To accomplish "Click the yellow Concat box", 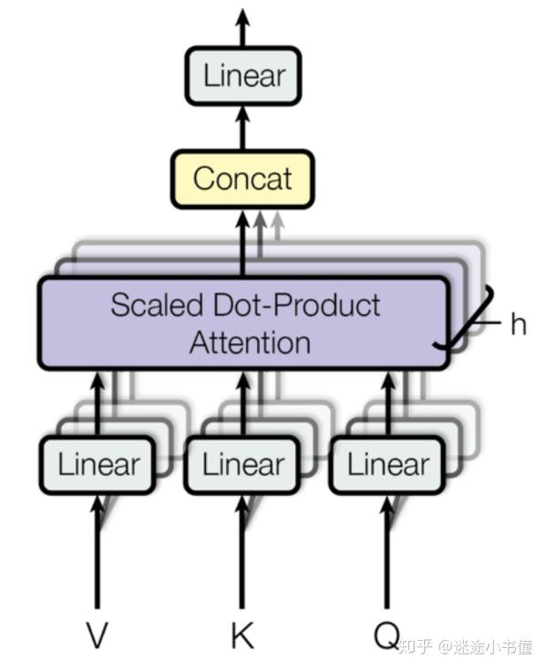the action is (x=243, y=179).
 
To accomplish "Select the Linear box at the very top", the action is (x=243, y=76).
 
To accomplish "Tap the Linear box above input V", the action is (x=98, y=465).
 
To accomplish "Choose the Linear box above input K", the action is (x=242, y=465).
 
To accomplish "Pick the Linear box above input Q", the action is (x=387, y=465).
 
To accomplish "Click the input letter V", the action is (x=97, y=635).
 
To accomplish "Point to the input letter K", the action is (x=243, y=635).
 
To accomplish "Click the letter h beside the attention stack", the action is (x=519, y=324).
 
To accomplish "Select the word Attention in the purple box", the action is (x=250, y=343).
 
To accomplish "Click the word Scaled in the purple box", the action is (x=157, y=304).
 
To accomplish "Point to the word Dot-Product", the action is (x=296, y=304).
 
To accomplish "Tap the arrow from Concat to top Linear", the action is (x=243, y=128).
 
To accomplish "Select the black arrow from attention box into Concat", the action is (x=243, y=242).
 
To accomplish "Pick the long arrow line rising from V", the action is (x=98, y=552).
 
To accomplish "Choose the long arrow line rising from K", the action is (x=242, y=552).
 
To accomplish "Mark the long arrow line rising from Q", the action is (x=387, y=552).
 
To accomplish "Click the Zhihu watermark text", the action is (x=466, y=646).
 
